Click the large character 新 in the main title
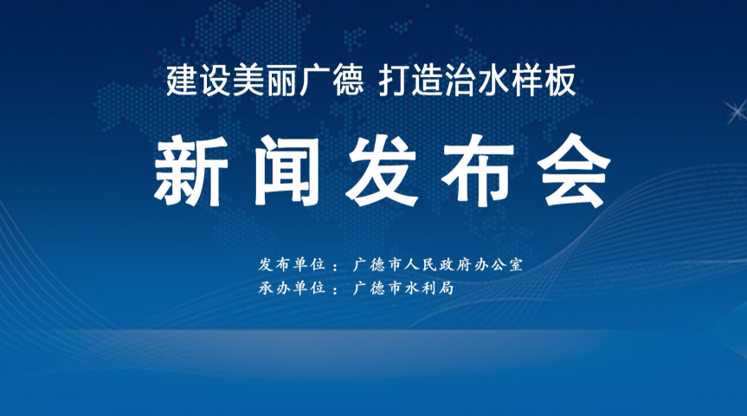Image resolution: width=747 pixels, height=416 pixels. click(190, 171)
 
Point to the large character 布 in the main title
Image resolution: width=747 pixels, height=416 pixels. click(479, 171)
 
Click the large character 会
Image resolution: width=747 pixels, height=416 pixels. click(574, 171)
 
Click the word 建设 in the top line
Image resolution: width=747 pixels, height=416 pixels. click(200, 81)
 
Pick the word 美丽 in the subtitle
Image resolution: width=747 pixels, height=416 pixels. click(266, 81)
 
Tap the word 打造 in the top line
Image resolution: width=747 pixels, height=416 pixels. click(411, 81)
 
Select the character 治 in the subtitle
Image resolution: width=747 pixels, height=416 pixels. click(460, 81)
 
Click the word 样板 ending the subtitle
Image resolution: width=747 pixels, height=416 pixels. click(544, 81)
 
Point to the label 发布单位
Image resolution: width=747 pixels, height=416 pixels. click(292, 264)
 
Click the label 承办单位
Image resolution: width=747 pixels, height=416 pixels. click(292, 288)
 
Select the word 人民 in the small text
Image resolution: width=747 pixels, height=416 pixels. click(420, 264)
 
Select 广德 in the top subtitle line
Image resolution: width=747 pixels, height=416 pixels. click(332, 81)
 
